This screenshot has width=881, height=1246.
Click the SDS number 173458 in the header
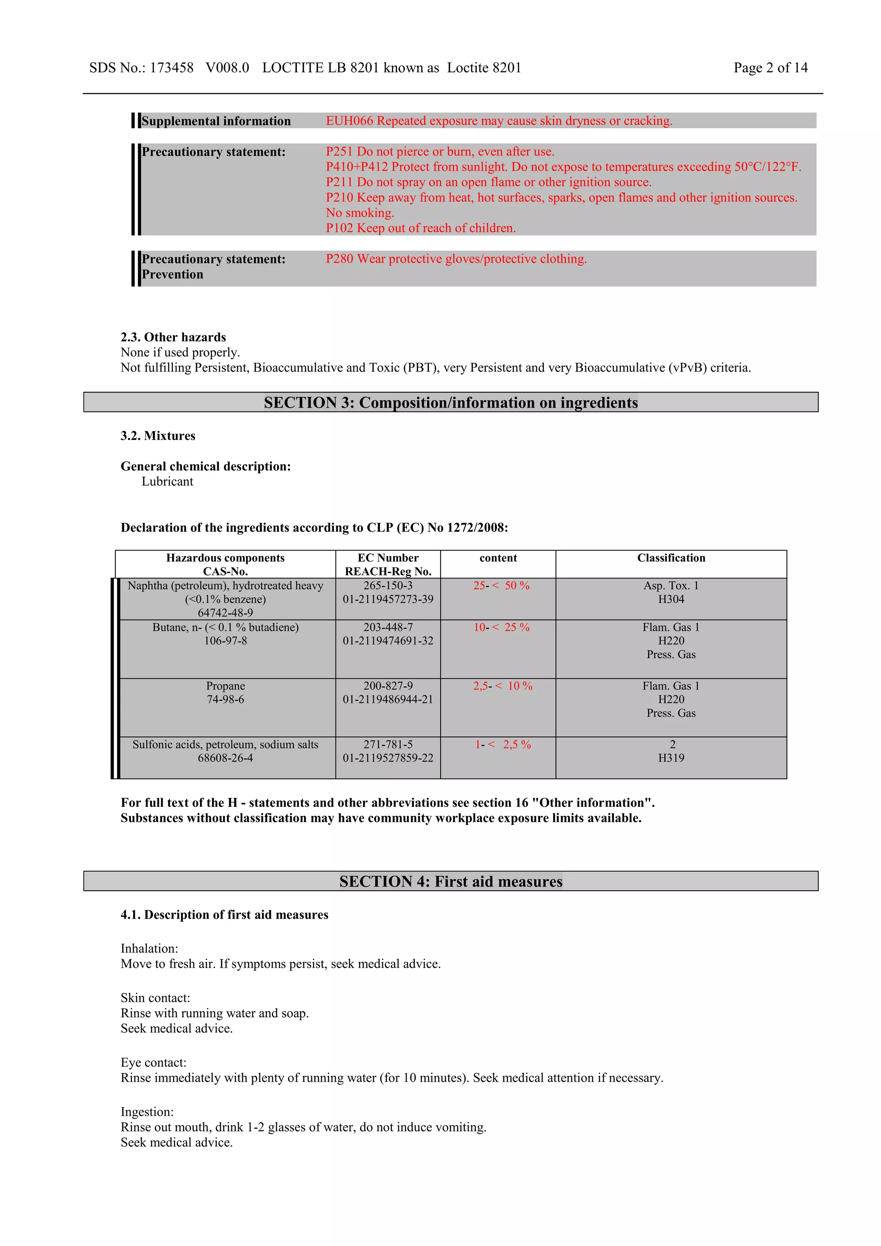click(x=172, y=68)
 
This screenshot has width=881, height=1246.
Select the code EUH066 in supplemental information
click(x=349, y=120)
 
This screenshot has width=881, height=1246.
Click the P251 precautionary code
click(x=339, y=151)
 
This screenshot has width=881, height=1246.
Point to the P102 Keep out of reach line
click(x=420, y=228)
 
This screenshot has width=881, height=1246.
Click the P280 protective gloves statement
click(x=456, y=259)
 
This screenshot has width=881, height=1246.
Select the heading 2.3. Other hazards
click(x=173, y=337)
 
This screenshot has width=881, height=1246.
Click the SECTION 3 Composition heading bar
click(x=450, y=402)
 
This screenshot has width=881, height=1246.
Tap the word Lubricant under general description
click(x=167, y=481)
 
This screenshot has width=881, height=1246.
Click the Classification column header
click(x=671, y=558)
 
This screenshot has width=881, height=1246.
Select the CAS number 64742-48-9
click(x=225, y=613)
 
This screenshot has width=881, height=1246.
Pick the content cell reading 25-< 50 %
click(x=500, y=585)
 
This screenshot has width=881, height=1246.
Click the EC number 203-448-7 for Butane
click(x=388, y=628)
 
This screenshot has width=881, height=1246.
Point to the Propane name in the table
click(x=225, y=686)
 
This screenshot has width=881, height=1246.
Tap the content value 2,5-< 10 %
click(x=502, y=686)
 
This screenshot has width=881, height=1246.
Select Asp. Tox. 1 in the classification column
click(x=671, y=585)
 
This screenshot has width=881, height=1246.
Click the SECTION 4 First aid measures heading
click(x=450, y=881)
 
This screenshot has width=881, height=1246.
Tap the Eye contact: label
click(x=153, y=1062)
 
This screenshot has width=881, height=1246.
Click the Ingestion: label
click(x=147, y=1111)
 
